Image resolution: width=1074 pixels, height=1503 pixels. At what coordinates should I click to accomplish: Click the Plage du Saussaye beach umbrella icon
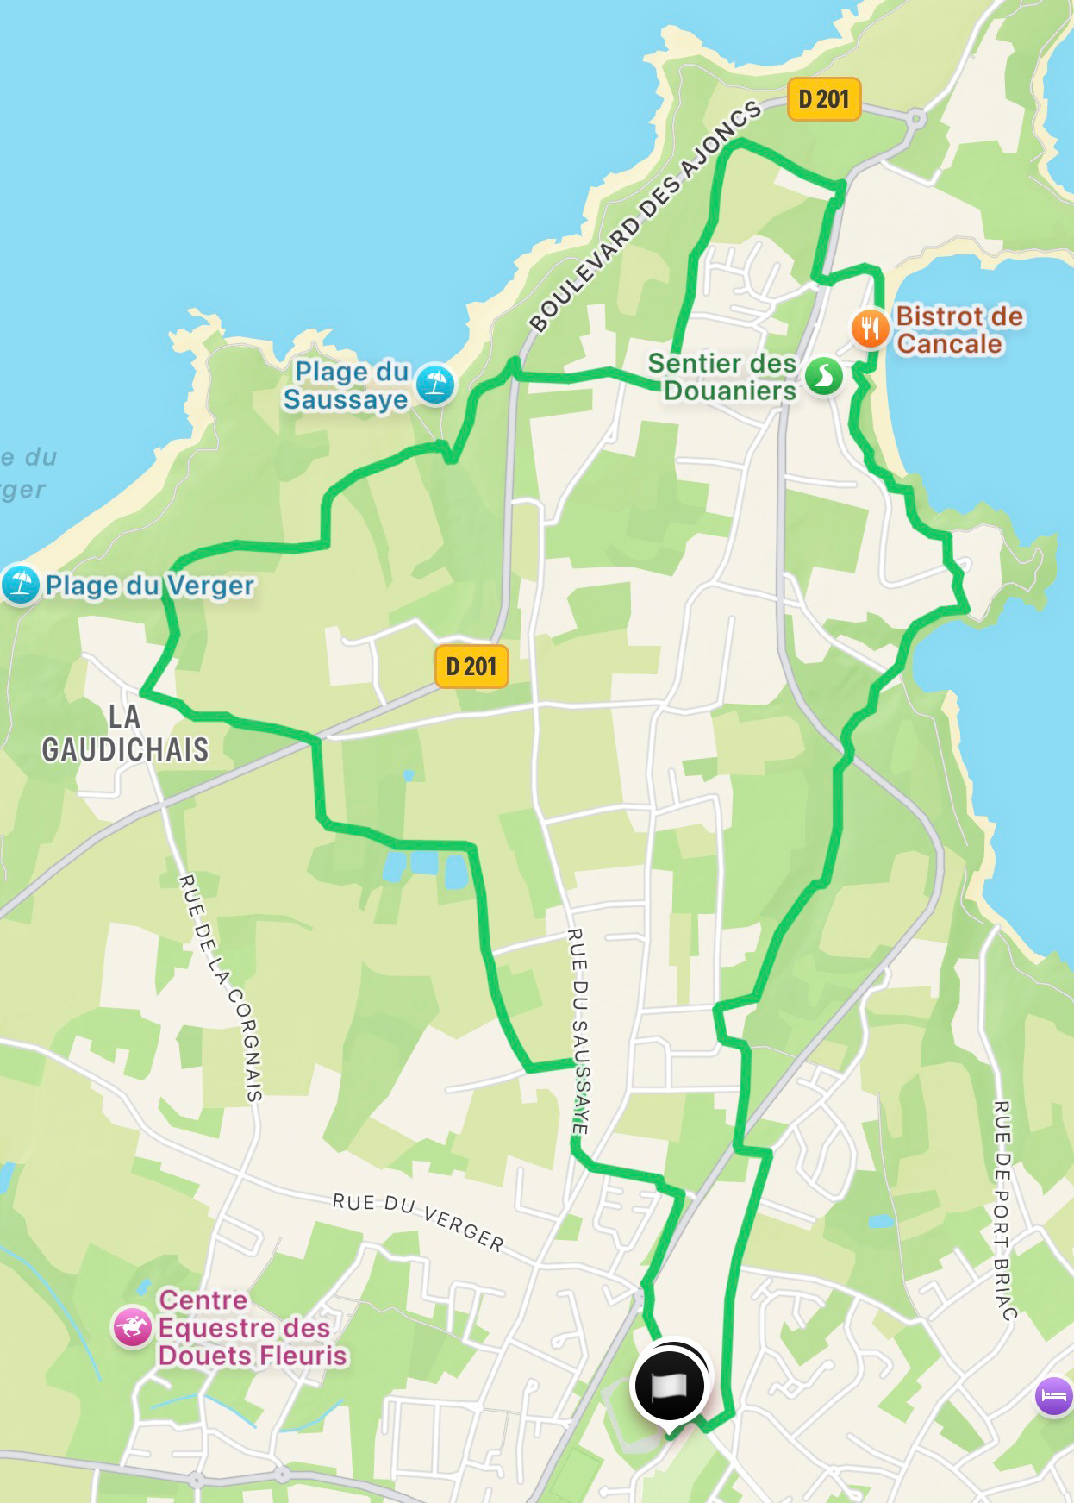[x=435, y=384]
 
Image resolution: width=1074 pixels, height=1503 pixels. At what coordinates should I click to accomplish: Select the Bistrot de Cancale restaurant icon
[x=871, y=329]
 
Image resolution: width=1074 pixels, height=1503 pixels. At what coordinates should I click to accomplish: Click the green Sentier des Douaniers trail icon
[x=824, y=377]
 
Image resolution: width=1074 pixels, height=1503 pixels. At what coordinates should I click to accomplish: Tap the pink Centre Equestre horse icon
[x=133, y=1327]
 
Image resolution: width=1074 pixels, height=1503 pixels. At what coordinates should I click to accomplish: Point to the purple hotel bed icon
[x=1053, y=1394]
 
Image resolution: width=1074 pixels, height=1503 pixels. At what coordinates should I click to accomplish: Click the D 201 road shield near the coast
[x=824, y=99]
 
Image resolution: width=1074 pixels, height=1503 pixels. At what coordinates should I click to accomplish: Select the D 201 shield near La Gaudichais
[x=471, y=666]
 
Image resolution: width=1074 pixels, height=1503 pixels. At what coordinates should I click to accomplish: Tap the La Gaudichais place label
[x=126, y=733]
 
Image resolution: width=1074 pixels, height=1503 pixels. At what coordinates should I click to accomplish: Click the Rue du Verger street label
[x=419, y=1222]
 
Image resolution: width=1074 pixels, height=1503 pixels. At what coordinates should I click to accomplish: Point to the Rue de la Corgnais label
[x=221, y=987]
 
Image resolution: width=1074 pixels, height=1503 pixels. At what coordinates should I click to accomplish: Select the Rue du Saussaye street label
[x=578, y=1030]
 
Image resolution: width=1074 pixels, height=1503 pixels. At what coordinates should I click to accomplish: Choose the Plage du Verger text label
[x=150, y=586]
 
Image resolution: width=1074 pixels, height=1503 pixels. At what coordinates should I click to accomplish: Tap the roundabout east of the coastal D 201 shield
[x=917, y=118]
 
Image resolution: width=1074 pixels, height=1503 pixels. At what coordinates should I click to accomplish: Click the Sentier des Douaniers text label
[x=722, y=377]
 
